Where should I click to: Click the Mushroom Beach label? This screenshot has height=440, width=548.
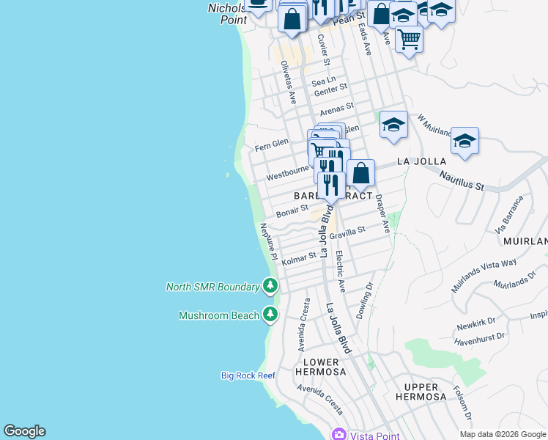pyautogui.click(x=219, y=315)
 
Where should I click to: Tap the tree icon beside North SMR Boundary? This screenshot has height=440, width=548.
pyautogui.click(x=271, y=286)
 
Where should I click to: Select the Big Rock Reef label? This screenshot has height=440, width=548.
pyautogui.click(x=248, y=375)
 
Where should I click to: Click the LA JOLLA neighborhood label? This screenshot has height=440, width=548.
pyautogui.click(x=421, y=161)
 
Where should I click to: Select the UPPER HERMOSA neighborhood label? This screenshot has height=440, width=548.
pyautogui.click(x=415, y=392)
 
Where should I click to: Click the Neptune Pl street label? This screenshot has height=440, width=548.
pyautogui.click(x=267, y=243)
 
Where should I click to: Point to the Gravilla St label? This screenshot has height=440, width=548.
pyautogui.click(x=347, y=233)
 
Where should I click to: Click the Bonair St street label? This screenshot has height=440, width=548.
pyautogui.click(x=292, y=211)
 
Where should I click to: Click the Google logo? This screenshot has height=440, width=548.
pyautogui.click(x=24, y=431)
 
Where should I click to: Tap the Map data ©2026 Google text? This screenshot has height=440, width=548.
pyautogui.click(x=503, y=434)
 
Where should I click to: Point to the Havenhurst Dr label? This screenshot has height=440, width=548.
pyautogui.click(x=479, y=337)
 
